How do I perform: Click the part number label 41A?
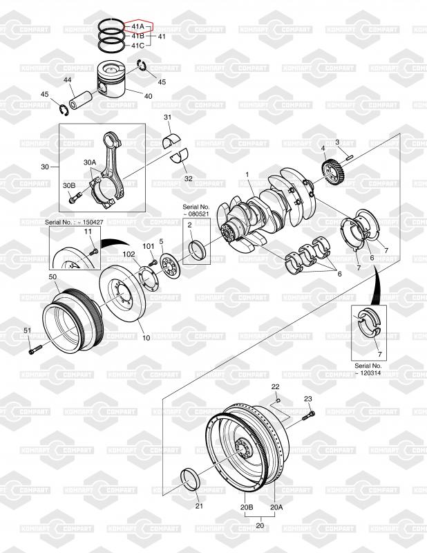[x=138, y=26]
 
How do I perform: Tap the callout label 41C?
[x=138, y=46]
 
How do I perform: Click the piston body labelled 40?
[x=111, y=83]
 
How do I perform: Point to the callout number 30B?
[x=69, y=185]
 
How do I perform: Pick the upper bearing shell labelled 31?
[x=171, y=141]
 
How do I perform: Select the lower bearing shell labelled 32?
[x=180, y=157]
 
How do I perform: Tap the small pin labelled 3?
[x=348, y=156]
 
